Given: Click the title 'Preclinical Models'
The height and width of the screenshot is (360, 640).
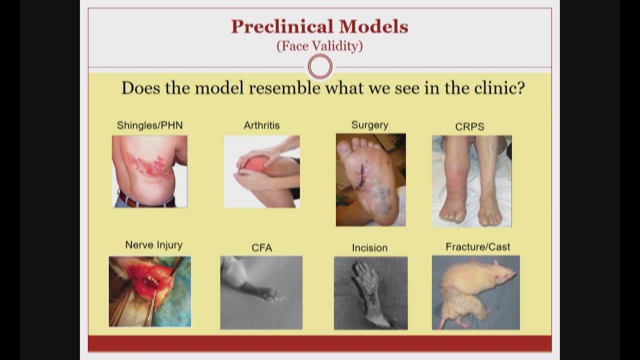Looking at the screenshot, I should point(319,26).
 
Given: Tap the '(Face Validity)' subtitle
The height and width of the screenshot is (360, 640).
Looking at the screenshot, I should point(319,46).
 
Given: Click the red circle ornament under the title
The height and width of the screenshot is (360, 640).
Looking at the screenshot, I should point(320,66).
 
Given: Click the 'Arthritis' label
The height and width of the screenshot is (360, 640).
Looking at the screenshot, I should point(261,125).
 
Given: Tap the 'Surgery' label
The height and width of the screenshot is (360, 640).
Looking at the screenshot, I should point(369,125).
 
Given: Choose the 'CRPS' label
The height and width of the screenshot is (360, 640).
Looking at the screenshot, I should point(469,127).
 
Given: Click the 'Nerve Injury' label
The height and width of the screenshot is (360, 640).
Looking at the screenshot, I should point(153,245).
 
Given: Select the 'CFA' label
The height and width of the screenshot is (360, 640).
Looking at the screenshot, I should point(261,247).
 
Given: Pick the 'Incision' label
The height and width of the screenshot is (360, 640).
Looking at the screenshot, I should point(369,247).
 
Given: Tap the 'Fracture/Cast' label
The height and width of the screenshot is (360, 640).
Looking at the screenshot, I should point(477,247).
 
